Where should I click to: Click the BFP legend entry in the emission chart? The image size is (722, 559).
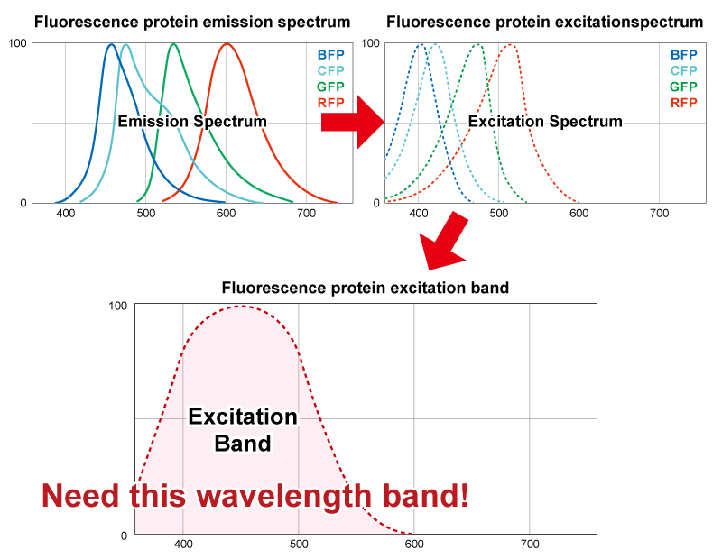330,54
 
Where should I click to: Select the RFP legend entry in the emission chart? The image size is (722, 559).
330,103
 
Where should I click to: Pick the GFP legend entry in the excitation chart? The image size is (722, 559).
683,87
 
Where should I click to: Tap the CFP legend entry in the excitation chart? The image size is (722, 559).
683,70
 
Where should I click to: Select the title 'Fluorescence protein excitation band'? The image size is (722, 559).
366,289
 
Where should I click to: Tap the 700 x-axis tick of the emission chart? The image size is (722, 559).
306,215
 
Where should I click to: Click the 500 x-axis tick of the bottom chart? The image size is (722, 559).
299,545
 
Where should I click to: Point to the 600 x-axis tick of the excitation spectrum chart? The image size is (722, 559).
579,215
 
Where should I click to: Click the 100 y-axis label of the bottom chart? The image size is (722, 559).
117,306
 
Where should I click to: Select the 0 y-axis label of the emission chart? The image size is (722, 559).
23,202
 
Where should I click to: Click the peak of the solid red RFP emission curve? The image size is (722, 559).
226,44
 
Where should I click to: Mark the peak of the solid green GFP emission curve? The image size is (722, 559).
173,44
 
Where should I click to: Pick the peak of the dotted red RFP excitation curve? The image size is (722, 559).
510,44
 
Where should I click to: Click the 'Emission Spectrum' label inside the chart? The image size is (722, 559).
192,121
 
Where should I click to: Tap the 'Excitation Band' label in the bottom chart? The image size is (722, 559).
242,430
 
